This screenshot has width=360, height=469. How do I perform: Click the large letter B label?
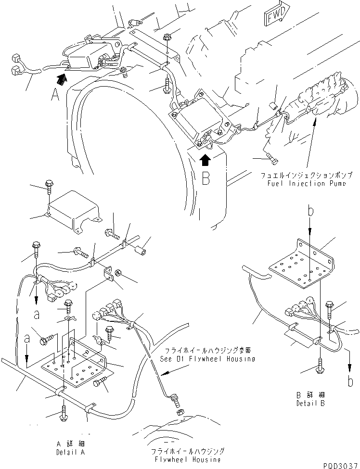point(206,178)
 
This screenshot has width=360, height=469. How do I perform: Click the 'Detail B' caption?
point(310,403)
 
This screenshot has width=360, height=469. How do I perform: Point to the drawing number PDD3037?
point(340,464)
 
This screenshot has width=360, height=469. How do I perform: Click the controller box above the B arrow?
point(196,122)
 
